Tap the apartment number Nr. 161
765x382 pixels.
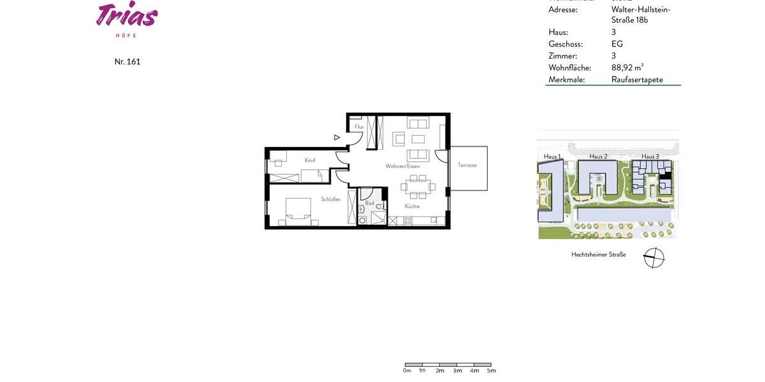click(x=127, y=62)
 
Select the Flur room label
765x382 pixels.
click(x=359, y=127)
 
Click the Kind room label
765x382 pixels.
click(x=310, y=160)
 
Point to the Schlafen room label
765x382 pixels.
click(x=330, y=199)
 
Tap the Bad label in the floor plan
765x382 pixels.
click(x=369, y=203)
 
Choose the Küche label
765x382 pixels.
click(x=412, y=206)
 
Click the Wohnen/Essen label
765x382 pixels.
click(x=402, y=166)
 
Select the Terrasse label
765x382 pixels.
click(x=467, y=166)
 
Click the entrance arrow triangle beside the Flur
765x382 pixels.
click(x=337, y=137)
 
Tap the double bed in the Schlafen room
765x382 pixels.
click(x=298, y=212)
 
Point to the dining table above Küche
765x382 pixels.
click(x=418, y=187)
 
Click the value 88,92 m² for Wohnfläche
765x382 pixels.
click(x=627, y=67)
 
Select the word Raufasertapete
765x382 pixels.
click(x=637, y=80)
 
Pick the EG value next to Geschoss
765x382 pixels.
click(x=616, y=44)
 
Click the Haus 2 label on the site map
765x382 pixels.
click(x=598, y=157)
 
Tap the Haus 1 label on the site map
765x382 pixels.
click(x=552, y=157)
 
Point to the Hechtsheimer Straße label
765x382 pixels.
click(x=598, y=255)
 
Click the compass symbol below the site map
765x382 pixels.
click(x=653, y=258)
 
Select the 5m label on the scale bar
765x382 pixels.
click(x=491, y=371)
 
